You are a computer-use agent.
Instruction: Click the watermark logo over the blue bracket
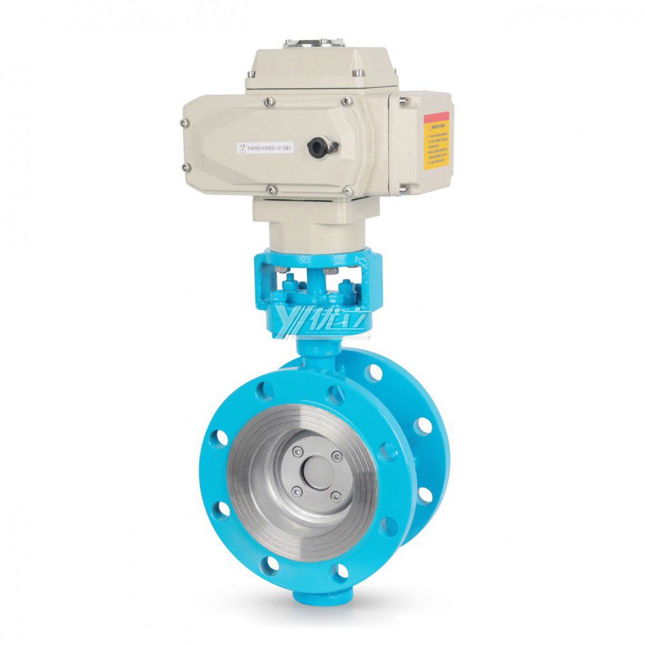pos(321,321)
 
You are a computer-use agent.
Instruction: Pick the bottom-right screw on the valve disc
pos(335,495)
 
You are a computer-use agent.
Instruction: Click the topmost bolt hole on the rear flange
pos(372,373)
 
